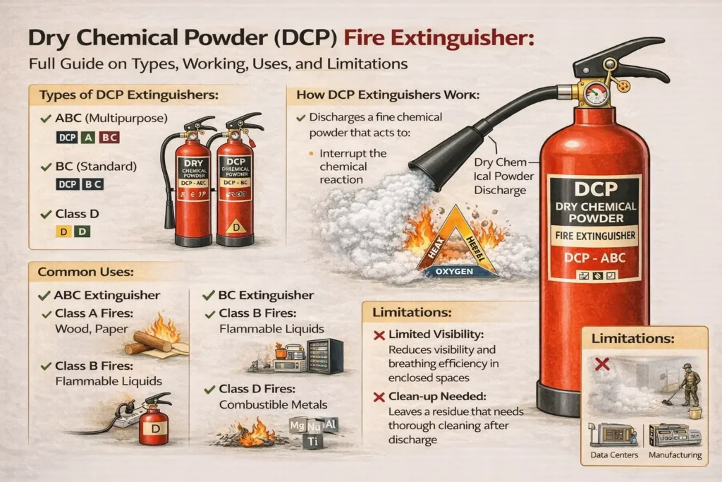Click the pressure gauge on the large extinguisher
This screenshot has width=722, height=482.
tap(596, 94)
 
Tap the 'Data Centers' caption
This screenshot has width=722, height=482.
tap(613, 455)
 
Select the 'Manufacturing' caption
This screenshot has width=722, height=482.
tap(674, 455)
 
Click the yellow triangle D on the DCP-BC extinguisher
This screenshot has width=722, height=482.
tap(236, 226)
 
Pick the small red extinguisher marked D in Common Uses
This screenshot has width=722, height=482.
tap(153, 422)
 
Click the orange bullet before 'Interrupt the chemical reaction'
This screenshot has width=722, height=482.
tap(310, 153)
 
